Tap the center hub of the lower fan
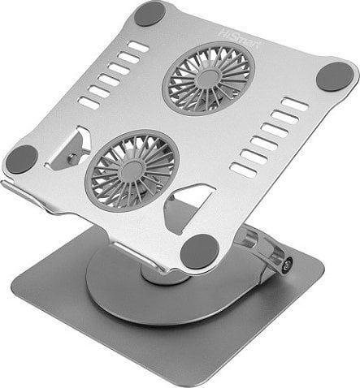132,171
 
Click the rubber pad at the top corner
150,13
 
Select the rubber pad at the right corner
335,76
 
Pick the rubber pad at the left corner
21,160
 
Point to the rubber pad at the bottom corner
199,252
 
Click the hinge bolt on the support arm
286,264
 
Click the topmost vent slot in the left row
138,46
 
